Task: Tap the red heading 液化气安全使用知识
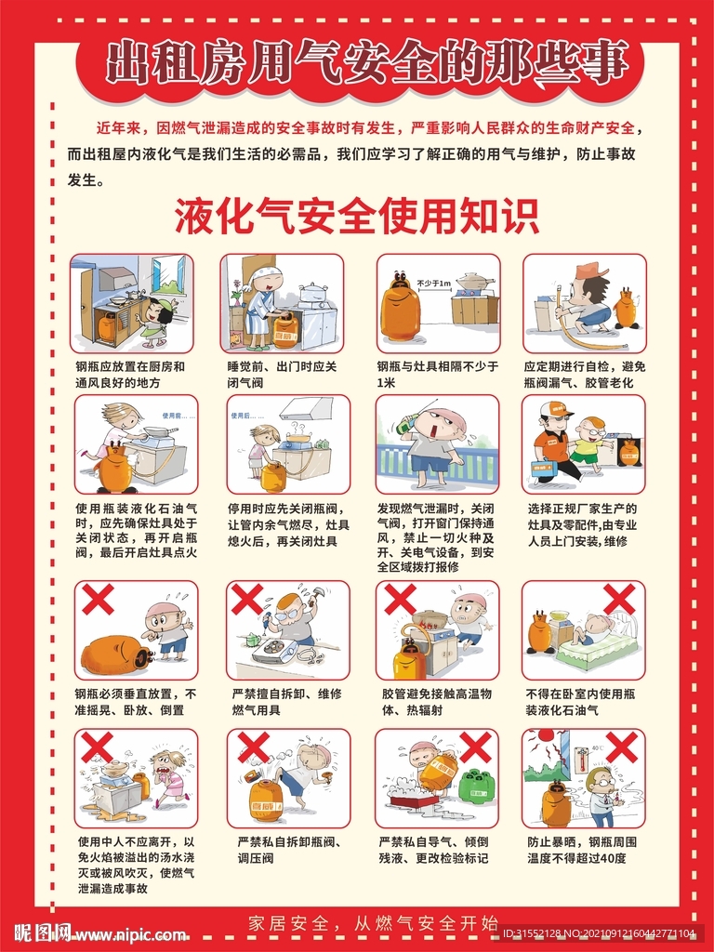[357, 217]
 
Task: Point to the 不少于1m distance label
[433, 283]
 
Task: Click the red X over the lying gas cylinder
[96, 600]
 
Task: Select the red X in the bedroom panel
[619, 599]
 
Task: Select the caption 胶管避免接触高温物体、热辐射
[437, 701]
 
